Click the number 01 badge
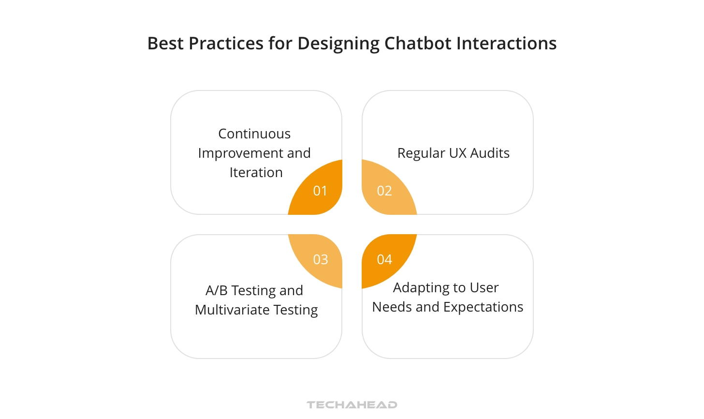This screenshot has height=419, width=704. [320, 191]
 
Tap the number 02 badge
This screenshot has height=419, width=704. [384, 191]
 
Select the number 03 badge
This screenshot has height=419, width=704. [320, 259]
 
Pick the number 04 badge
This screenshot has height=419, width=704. [384, 259]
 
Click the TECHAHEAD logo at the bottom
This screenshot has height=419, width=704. [352, 404]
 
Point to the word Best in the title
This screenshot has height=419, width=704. [165, 44]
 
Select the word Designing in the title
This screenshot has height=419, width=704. [338, 44]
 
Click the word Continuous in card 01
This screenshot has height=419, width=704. [254, 134]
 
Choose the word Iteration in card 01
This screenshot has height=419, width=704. [256, 172]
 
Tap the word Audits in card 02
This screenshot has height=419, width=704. [490, 153]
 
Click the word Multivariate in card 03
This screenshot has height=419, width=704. [232, 310]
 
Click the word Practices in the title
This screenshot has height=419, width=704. [226, 44]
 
